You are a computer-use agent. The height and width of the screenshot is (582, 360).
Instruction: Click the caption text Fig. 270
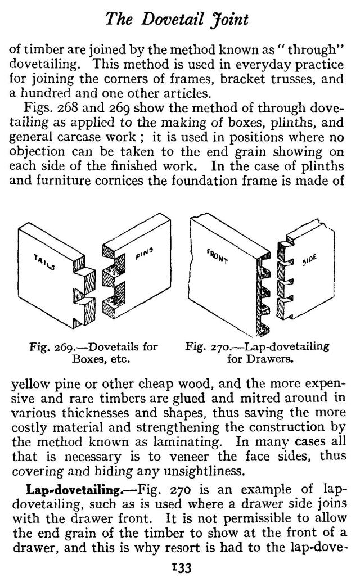click(206, 346)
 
